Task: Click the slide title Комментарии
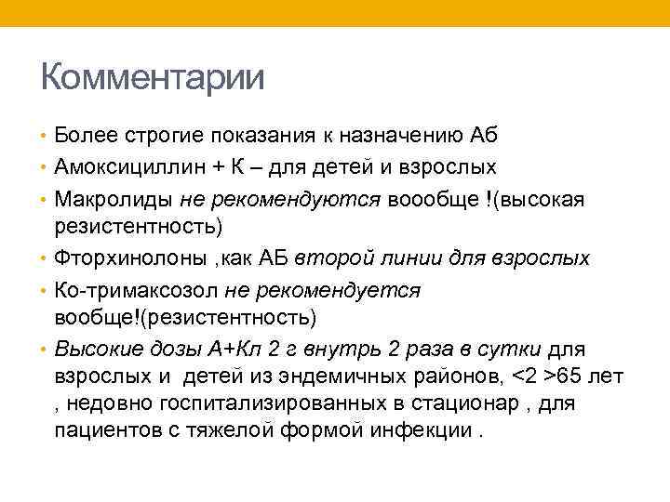coord(153,77)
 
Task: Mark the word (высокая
coord(537,199)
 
